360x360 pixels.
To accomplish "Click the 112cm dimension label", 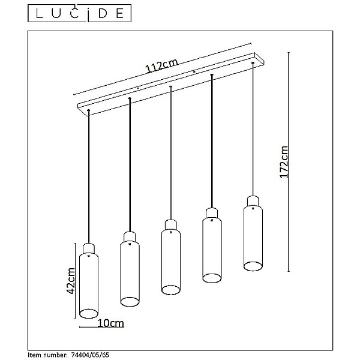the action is click(161, 65).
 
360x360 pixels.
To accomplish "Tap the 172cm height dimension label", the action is click(284, 162).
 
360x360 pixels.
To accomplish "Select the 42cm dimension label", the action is click(70, 281).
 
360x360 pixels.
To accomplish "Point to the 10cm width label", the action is click(111, 323).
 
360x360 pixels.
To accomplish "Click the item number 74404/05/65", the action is click(90, 355).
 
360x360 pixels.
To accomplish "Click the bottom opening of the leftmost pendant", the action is click(89, 313).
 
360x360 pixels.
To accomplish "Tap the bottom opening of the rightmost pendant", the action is click(253, 266).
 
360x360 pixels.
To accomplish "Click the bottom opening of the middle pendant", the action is click(171, 290).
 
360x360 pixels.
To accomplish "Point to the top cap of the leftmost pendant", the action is click(89, 248).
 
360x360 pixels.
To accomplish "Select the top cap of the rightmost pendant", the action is click(253, 201).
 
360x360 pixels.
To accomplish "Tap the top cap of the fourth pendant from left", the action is click(212, 213).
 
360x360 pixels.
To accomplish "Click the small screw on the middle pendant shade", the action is click(171, 232).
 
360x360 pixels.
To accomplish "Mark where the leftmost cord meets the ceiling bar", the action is click(89, 111).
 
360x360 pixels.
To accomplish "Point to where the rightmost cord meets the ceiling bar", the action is click(253, 62).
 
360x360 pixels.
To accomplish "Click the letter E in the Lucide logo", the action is click(120, 14).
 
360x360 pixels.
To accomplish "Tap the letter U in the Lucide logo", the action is click(56, 14).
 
